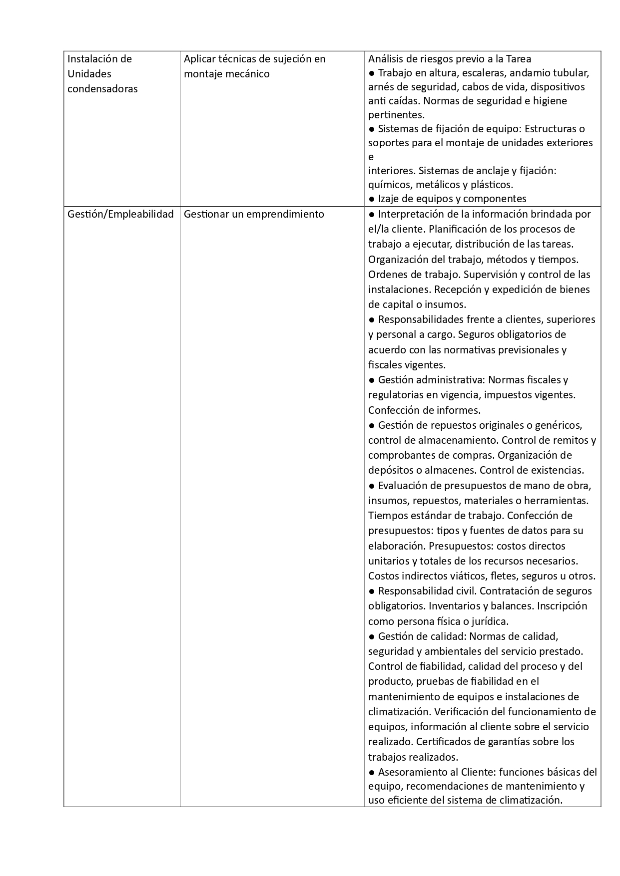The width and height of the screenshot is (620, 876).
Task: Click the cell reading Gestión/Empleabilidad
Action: (x=120, y=214)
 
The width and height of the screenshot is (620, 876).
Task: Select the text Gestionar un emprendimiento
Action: (x=254, y=214)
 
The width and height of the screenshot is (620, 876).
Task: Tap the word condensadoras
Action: (x=102, y=89)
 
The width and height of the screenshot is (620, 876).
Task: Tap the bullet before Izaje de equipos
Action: (x=372, y=199)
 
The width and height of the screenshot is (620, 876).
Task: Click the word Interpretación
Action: (x=411, y=214)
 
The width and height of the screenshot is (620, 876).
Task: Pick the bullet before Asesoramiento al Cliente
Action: (x=372, y=772)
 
